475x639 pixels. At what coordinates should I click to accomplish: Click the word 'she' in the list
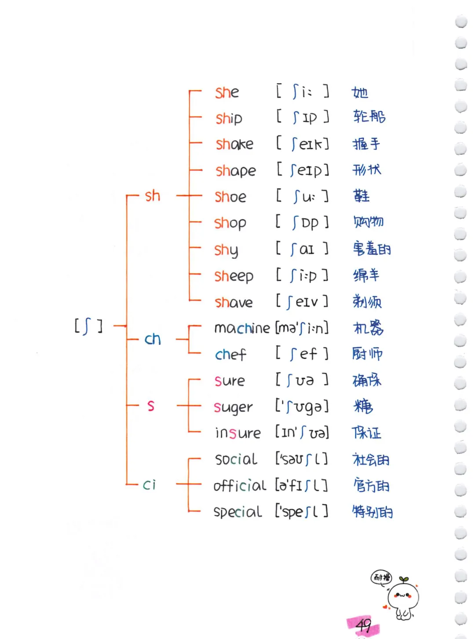[x=227, y=92]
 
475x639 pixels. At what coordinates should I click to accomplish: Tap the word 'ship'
[x=229, y=118]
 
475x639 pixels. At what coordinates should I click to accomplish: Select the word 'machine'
[x=241, y=328]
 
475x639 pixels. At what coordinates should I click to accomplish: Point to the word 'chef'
[x=230, y=354]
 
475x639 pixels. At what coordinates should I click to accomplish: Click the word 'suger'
[x=233, y=407]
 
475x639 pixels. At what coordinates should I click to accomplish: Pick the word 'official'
[x=239, y=485]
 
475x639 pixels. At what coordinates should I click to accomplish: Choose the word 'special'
[x=237, y=512]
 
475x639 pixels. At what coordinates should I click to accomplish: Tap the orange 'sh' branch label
[x=153, y=196]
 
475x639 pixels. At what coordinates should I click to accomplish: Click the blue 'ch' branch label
[x=153, y=339]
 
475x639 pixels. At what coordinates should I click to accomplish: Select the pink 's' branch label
[x=151, y=406]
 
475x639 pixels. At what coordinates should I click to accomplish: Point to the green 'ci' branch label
[x=150, y=485]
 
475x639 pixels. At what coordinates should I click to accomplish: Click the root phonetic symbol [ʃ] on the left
[x=88, y=326]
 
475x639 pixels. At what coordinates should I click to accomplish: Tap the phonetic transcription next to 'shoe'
[x=303, y=196]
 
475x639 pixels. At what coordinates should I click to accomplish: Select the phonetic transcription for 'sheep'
[x=303, y=275]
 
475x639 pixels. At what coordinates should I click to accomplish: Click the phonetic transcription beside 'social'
[x=302, y=459]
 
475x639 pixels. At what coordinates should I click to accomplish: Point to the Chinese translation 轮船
[x=369, y=117]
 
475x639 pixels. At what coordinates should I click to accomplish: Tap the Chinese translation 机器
[x=369, y=328]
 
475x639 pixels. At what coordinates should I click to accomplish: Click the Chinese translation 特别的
[x=372, y=512]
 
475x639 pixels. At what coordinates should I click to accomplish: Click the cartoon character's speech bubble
[x=381, y=577]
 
